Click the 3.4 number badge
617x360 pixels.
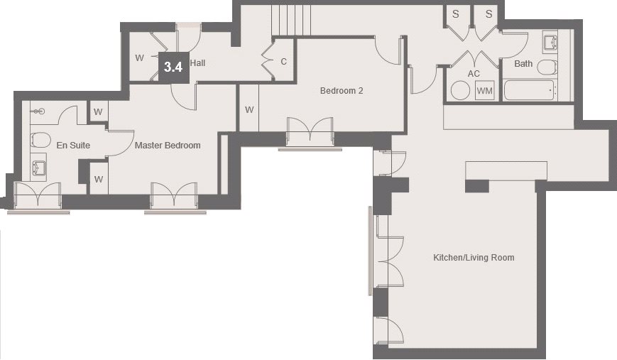point(173,67)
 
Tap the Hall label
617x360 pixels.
point(197,63)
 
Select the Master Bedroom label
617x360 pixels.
point(168,145)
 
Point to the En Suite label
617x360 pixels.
point(73,145)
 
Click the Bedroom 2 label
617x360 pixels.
point(342,91)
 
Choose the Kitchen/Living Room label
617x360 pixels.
point(474,258)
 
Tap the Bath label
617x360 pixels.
point(523,64)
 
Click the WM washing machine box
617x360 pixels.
point(484,90)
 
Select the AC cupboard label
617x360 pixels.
point(474,74)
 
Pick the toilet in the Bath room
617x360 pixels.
point(547,67)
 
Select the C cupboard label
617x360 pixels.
point(284,61)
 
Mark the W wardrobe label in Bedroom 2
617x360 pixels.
point(249,110)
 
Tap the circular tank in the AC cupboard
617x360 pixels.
point(460,90)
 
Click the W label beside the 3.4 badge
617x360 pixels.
point(139,58)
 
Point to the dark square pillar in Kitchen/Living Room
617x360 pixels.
point(477,186)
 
